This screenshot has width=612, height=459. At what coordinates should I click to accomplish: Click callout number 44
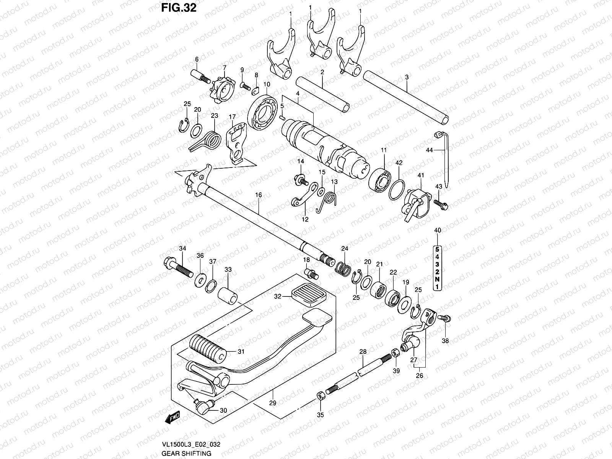430,150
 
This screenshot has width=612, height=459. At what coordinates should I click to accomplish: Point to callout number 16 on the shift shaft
259,195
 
